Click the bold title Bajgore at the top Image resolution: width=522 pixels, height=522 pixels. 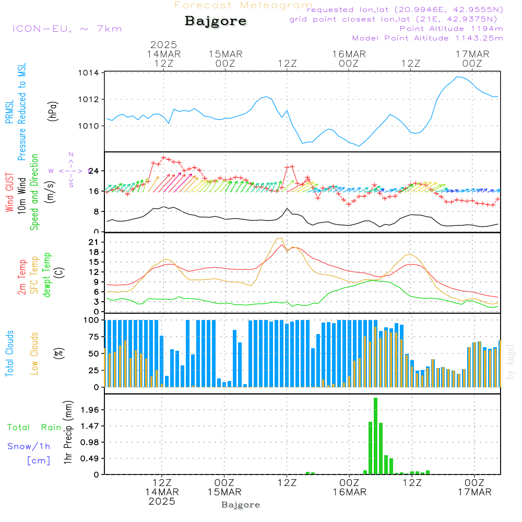click(216, 21)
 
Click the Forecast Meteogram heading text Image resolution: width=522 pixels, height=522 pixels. click(243, 5)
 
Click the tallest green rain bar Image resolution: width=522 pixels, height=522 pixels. click(375, 436)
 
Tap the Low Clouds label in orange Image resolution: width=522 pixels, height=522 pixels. click(34, 353)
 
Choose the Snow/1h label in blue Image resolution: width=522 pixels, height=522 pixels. click(29, 446)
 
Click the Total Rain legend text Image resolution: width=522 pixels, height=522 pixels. click(34, 427)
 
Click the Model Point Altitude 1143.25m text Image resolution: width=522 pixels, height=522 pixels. click(428, 38)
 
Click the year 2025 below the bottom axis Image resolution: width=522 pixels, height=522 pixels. click(162, 501)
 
